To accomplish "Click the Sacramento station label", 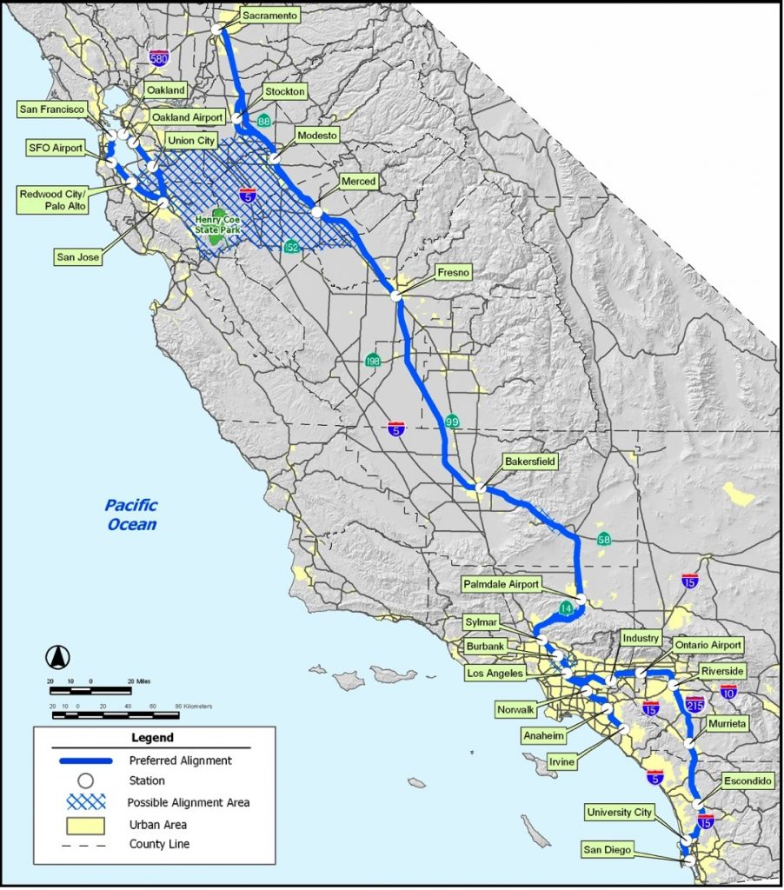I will pos(269,16).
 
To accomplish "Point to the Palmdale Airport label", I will pos(501,584).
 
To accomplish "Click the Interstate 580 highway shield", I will pos(158,59).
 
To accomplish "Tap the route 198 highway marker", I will pos(372,361).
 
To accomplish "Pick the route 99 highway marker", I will pos(452,422).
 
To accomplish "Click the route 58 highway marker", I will pos(603,540).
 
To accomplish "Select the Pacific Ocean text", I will pos(132,514).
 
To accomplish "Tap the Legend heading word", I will pos(152,738).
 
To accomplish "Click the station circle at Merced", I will pos(317,211).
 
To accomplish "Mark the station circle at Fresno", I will pos(396,296).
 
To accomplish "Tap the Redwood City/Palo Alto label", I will pos(54,201).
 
